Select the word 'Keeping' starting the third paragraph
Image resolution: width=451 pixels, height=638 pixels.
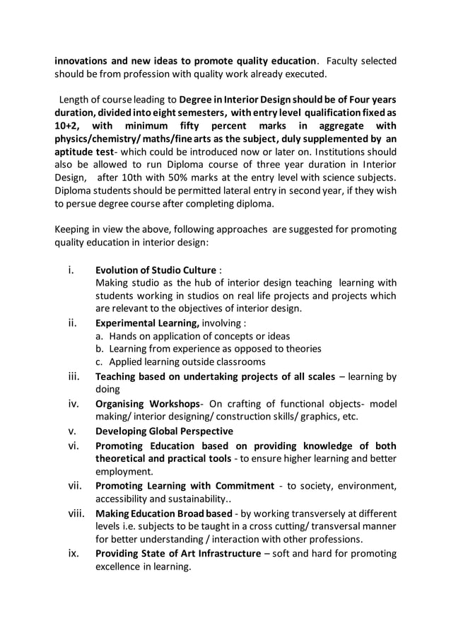[74, 229]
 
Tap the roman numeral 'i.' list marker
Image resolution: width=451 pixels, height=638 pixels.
[70, 269]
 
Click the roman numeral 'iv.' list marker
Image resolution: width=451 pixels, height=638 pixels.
[72, 403]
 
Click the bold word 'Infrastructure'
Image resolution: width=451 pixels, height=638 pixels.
[222, 553]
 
